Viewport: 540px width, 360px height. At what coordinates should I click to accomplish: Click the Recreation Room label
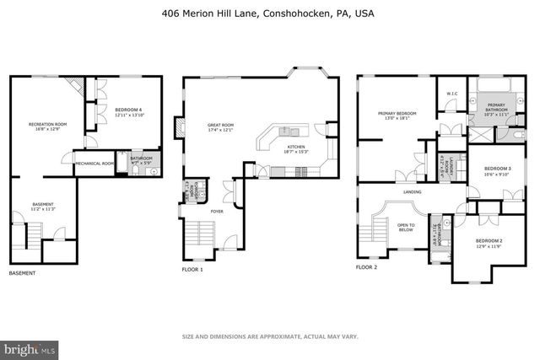pos(48,126)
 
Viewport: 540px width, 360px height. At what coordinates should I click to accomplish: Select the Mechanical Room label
pos(93,164)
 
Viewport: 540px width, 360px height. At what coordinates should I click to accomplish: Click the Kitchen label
pos(295,147)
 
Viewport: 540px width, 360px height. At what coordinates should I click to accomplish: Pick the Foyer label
pos(217,211)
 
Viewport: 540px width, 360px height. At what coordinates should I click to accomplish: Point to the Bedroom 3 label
pos(498,169)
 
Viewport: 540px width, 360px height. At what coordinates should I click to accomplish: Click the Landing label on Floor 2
pos(413,191)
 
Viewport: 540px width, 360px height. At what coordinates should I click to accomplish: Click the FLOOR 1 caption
pos(192,269)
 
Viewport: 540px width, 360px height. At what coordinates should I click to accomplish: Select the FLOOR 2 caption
pos(365,267)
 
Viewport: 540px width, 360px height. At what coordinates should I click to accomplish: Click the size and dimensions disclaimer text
pos(270,336)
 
